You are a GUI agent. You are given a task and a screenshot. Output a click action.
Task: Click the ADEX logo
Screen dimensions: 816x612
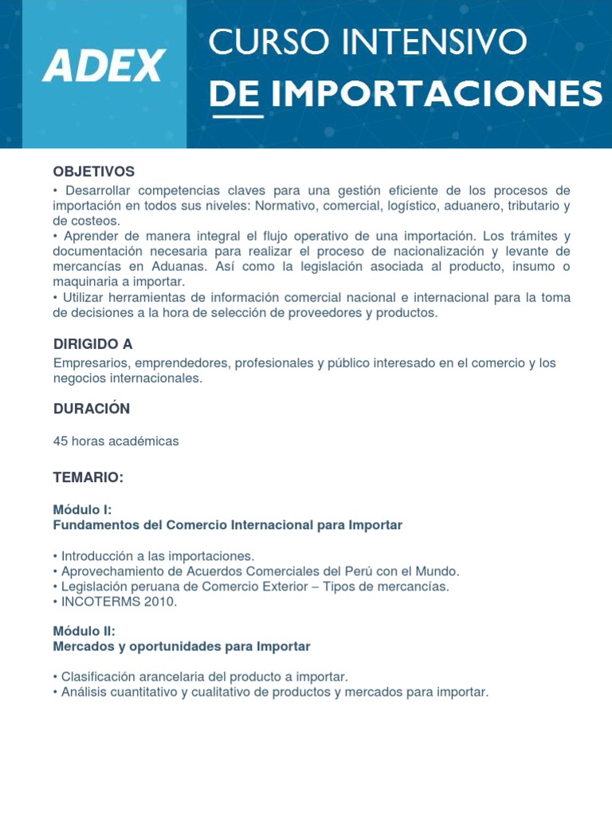click(104, 65)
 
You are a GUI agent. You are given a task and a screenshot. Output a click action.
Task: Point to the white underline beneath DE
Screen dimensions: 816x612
click(236, 116)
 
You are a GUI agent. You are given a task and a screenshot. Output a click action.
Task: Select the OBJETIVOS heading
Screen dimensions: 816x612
click(93, 172)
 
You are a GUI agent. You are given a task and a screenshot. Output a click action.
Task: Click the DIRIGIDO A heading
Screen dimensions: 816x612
click(92, 344)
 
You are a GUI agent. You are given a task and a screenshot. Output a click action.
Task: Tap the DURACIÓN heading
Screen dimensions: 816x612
click(91, 409)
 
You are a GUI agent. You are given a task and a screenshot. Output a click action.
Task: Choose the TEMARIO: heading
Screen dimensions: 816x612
click(88, 477)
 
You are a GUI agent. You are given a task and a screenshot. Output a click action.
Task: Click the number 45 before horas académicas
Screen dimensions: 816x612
click(61, 441)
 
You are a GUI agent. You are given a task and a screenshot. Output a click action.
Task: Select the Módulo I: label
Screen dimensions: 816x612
click(82, 510)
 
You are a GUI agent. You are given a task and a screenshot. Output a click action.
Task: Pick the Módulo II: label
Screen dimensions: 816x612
click(84, 631)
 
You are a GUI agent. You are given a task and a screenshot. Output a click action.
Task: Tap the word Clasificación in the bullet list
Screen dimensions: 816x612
click(100, 677)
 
